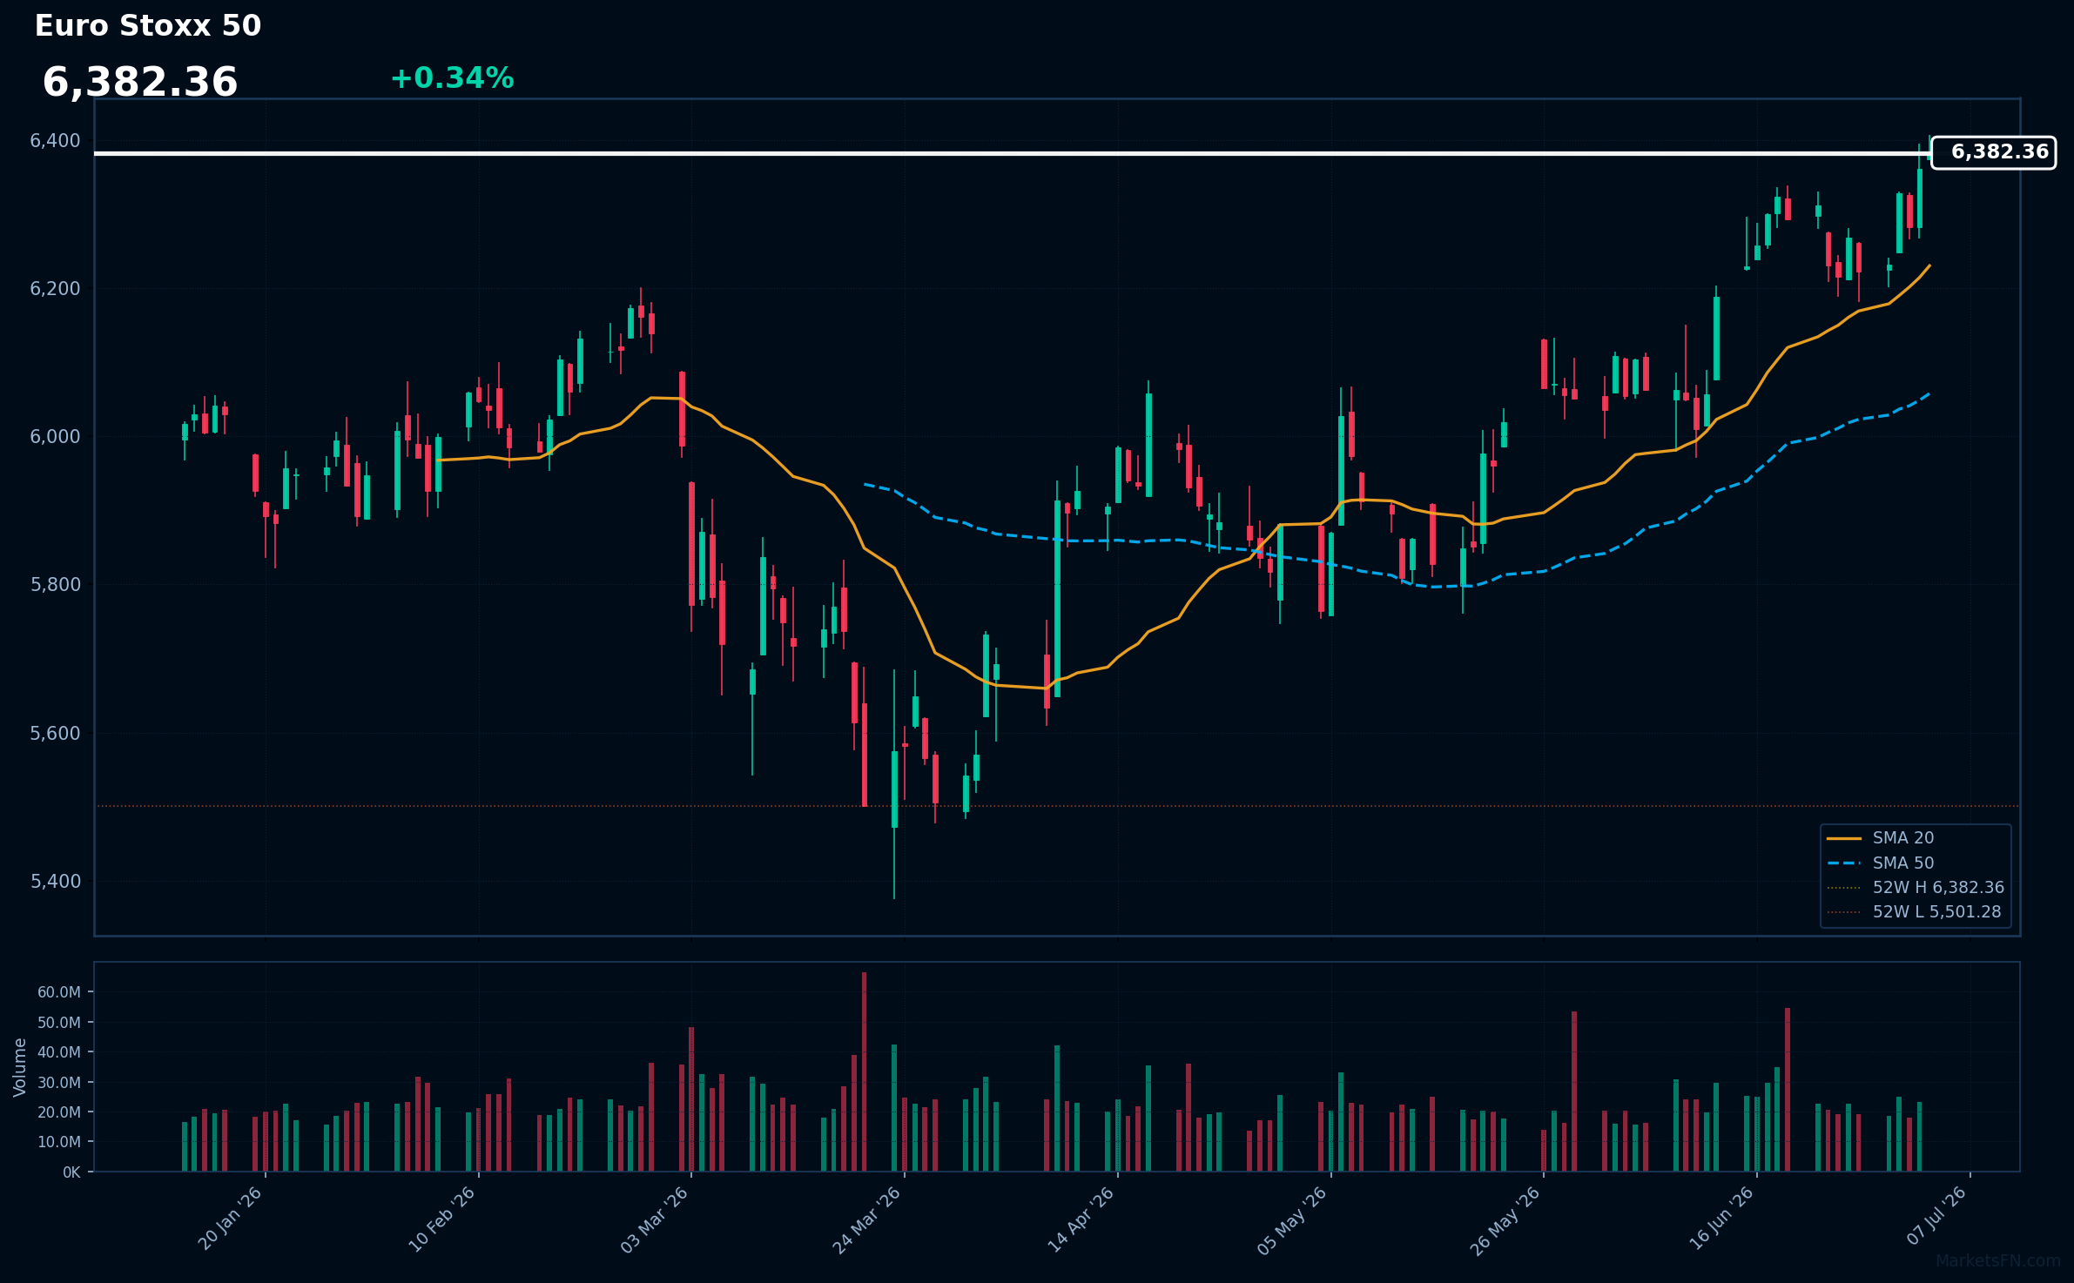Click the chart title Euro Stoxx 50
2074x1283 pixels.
click(148, 26)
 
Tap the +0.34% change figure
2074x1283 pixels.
click(452, 78)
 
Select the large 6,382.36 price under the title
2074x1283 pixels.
click(140, 83)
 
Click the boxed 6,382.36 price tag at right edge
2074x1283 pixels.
click(1993, 152)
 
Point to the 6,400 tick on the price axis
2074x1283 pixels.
click(56, 141)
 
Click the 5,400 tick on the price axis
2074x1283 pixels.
click(56, 882)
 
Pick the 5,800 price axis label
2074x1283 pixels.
click(56, 585)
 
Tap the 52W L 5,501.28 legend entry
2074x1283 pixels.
click(1914, 912)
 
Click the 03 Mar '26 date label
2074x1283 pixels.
click(655, 1219)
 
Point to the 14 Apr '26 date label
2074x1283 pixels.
click(1081, 1219)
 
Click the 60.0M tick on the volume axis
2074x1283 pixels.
click(59, 992)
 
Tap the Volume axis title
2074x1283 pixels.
click(20, 1067)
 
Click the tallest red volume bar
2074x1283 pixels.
click(864, 1071)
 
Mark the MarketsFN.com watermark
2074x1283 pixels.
click(1998, 1261)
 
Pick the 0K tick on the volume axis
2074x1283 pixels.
click(71, 1172)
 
